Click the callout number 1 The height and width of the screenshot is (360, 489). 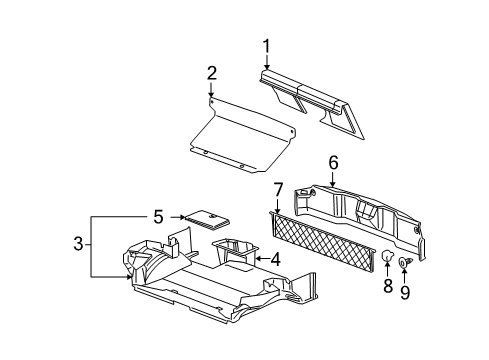266,46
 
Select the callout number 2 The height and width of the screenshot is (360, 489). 212,73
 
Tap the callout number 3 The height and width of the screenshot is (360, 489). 78,244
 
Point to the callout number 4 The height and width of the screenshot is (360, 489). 275,259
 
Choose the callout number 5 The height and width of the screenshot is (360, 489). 159,217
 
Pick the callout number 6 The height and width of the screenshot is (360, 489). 333,162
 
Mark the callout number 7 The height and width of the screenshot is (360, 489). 278,190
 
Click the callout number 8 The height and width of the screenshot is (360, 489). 388,286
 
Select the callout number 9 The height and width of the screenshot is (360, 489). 405,292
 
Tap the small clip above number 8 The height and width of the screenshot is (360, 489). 387,256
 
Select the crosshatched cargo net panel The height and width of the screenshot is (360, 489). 323,241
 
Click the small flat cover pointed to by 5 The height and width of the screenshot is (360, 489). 207,219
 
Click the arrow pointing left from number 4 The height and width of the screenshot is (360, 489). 262,258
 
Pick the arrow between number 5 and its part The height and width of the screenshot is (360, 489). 177,217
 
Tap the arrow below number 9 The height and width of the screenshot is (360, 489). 405,275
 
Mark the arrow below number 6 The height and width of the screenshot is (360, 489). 332,179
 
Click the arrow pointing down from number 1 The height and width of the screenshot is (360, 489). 267,62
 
